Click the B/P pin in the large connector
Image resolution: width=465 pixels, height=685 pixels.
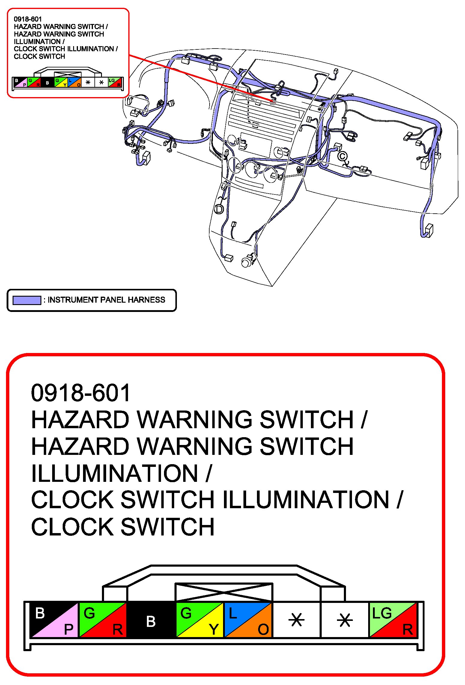[54, 620]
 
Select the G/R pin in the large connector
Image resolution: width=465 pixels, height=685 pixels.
[103, 620]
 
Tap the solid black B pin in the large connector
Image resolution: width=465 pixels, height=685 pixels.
[151, 620]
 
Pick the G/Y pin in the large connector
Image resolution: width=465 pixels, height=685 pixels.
[199, 620]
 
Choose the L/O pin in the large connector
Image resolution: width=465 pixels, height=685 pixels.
[248, 620]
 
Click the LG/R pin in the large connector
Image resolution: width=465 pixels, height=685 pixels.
[393, 620]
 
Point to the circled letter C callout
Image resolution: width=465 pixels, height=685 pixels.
[342, 156]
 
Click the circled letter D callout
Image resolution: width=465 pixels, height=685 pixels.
[219, 209]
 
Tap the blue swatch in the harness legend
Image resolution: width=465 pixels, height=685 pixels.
[27, 300]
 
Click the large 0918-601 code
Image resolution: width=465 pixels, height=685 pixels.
[80, 393]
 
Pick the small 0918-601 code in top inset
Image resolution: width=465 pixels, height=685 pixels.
[28, 19]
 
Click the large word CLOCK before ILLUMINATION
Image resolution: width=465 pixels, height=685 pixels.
[72, 500]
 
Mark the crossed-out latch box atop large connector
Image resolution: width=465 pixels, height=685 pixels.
[224, 592]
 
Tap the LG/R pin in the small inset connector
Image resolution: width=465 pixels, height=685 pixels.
[115, 82]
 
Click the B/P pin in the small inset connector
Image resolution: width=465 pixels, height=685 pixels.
[20, 82]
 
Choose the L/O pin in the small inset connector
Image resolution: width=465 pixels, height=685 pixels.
[74, 82]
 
